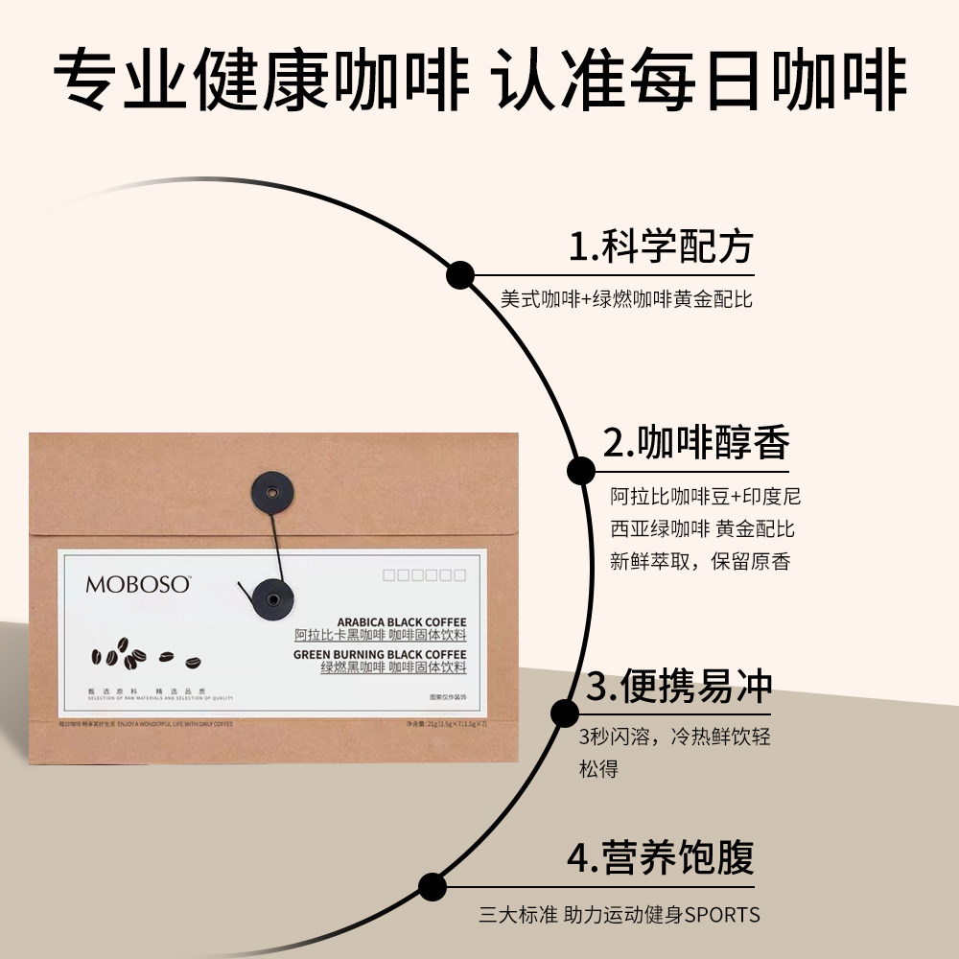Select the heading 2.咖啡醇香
(x=696, y=443)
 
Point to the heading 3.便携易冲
(x=679, y=687)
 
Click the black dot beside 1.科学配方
(x=460, y=274)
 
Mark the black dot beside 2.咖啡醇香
(x=580, y=471)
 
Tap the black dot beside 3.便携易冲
(x=564, y=713)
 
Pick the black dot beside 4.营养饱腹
(x=433, y=885)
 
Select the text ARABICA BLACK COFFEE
(x=402, y=622)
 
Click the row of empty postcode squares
(x=424, y=575)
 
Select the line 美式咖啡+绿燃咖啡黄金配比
(x=626, y=298)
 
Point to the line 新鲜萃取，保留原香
(x=700, y=562)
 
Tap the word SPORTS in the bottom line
(x=722, y=915)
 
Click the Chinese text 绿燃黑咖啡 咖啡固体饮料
(x=393, y=667)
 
